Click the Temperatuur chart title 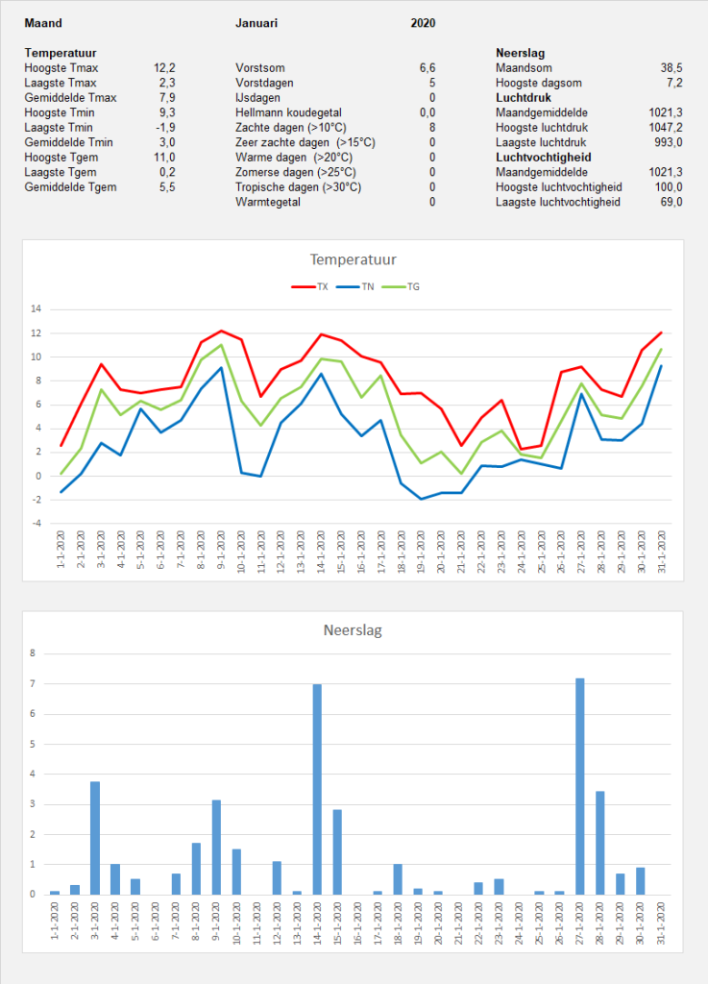pyautogui.click(x=354, y=259)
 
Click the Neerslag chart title pyautogui.click(x=353, y=630)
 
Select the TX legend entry pyautogui.click(x=310, y=286)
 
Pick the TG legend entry pyautogui.click(x=402, y=286)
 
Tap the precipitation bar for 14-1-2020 pyautogui.click(x=317, y=790)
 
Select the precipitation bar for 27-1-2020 pyautogui.click(x=580, y=786)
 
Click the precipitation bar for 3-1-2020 pyautogui.click(x=95, y=838)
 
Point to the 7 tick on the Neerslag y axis pyautogui.click(x=33, y=683)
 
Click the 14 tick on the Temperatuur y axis pyautogui.click(x=36, y=308)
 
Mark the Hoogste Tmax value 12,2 pyautogui.click(x=164, y=68)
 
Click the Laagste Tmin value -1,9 pyautogui.click(x=165, y=128)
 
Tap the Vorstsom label pyautogui.click(x=260, y=68)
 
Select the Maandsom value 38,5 pyautogui.click(x=671, y=68)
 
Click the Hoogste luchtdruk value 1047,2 pyautogui.click(x=666, y=128)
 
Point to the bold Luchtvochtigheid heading pyautogui.click(x=544, y=158)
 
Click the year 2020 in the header pyautogui.click(x=424, y=23)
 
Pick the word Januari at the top pyautogui.click(x=256, y=23)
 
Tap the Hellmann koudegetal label pyautogui.click(x=289, y=113)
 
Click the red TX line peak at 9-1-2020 pyautogui.click(x=221, y=331)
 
